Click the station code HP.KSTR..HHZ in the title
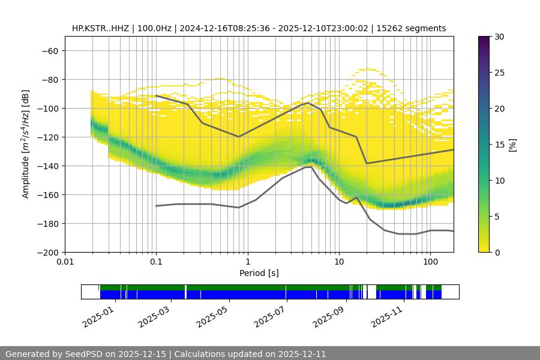[x=100, y=28]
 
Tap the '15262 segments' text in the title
[x=415, y=28]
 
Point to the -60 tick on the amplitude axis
[x=49, y=50]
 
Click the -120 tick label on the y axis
[x=47, y=137]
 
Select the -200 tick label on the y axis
[x=47, y=252]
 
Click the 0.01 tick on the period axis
[x=65, y=262]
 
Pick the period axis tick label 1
[x=247, y=262]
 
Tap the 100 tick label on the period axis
[x=430, y=262]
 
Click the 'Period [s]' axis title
[x=259, y=273]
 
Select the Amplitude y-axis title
[x=26, y=144]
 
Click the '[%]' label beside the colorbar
[x=512, y=145]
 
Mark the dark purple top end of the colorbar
[x=484, y=39]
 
